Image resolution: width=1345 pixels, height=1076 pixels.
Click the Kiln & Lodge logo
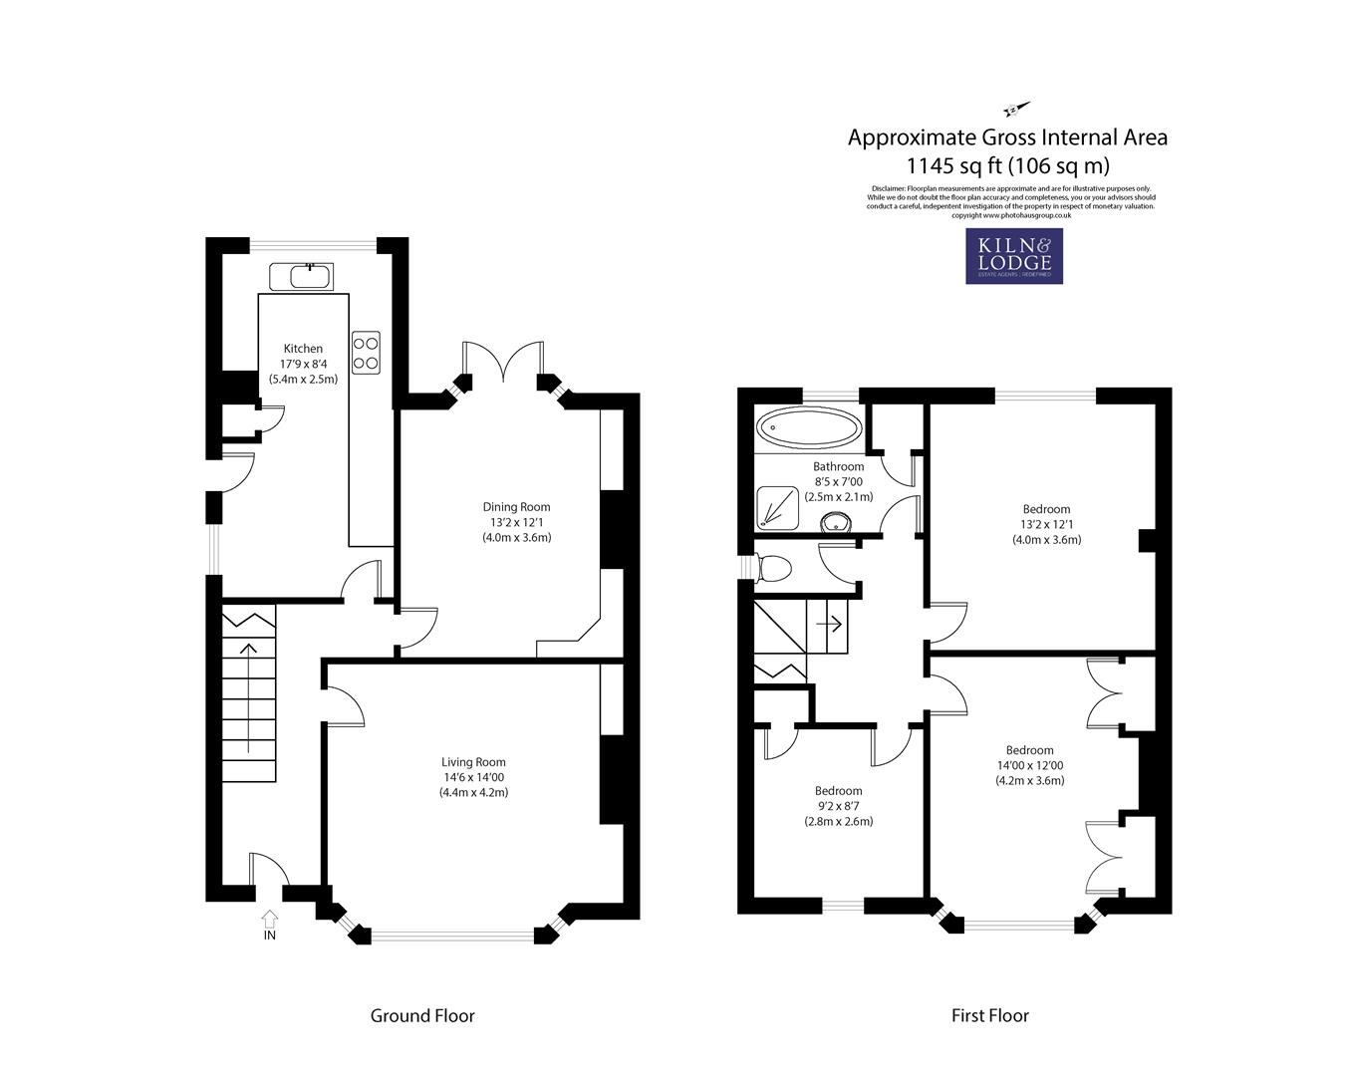(1013, 256)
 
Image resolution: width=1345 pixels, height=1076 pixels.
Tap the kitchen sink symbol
(304, 275)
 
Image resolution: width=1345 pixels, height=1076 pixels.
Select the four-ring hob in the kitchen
(366, 351)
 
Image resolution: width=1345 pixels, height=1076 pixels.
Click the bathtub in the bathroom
(809, 430)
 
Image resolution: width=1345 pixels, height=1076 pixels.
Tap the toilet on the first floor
(773, 569)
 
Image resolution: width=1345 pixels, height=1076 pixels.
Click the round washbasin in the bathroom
(833, 523)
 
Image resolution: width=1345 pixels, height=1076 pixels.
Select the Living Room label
(473, 762)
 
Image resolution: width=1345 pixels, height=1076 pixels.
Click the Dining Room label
(516, 507)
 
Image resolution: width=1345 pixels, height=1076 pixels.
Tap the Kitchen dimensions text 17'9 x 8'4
(303, 364)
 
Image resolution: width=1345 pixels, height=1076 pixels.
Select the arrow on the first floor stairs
(829, 625)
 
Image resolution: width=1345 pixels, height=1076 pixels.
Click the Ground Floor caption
(422, 1016)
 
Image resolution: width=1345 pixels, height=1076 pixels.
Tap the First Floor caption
(989, 1016)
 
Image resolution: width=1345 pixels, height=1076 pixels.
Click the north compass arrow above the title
(1015, 109)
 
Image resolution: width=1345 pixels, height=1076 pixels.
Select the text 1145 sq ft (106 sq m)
(1007, 165)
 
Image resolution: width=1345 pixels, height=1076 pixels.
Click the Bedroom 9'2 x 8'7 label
(838, 791)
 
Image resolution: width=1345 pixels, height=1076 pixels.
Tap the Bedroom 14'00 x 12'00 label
(1029, 750)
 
